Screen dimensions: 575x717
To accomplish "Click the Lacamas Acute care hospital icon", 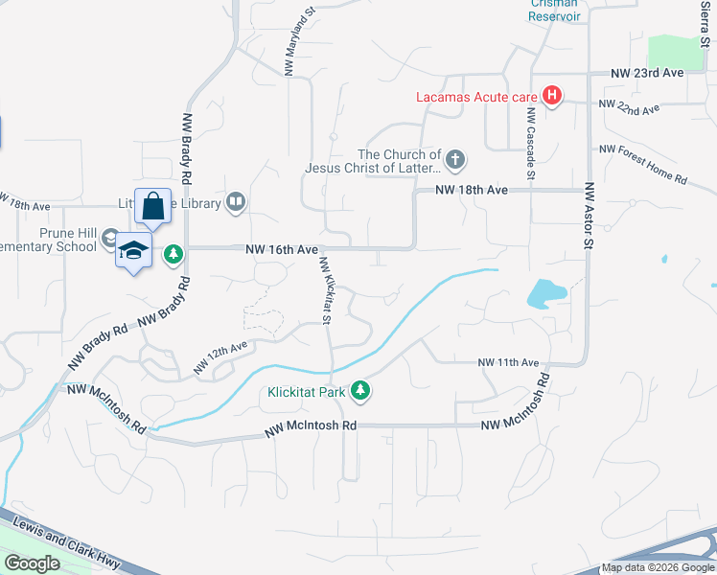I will click(551, 96).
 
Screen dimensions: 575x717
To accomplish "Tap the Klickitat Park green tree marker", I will click(360, 390).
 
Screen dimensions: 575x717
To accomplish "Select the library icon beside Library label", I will click(236, 202).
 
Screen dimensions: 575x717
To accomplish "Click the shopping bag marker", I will click(153, 205).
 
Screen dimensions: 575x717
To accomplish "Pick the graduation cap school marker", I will click(134, 251).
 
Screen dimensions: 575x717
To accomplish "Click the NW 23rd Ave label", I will click(647, 73).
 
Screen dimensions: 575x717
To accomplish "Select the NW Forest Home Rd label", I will click(643, 164).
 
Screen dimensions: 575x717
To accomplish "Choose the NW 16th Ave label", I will click(282, 249).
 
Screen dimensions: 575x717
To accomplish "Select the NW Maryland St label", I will click(297, 42).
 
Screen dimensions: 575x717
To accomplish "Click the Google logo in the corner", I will click(32, 563).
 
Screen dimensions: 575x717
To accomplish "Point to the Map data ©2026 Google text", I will click(657, 567).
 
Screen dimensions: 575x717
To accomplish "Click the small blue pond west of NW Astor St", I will click(544, 292).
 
